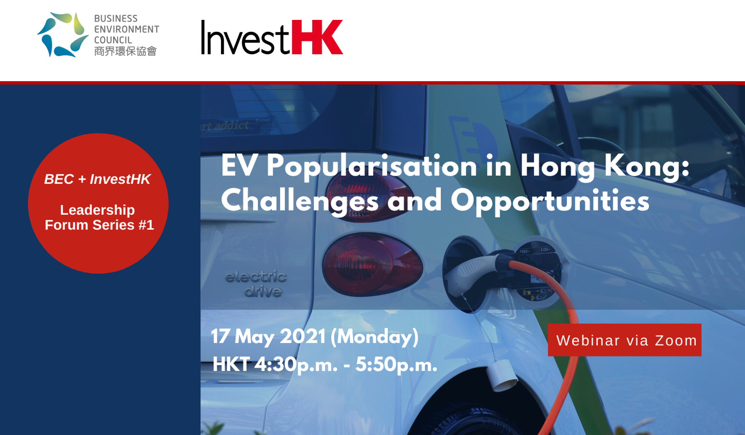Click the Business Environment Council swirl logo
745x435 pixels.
pyautogui.click(x=63, y=35)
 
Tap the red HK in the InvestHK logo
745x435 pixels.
pyautogui.click(x=317, y=37)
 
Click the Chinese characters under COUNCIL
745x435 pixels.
pyautogui.click(x=125, y=51)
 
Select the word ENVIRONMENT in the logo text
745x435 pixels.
pyautogui.click(x=126, y=29)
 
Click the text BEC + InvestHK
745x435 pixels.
pyautogui.click(x=97, y=179)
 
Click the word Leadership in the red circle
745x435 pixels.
pyautogui.click(x=97, y=210)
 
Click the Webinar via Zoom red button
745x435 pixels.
pyautogui.click(x=624, y=340)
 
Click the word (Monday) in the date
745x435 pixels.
pyautogui.click(x=374, y=337)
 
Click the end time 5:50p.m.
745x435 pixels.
pyautogui.click(x=396, y=365)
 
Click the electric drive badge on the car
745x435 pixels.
pyautogui.click(x=256, y=284)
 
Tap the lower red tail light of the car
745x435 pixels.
pyautogui.click(x=372, y=264)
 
